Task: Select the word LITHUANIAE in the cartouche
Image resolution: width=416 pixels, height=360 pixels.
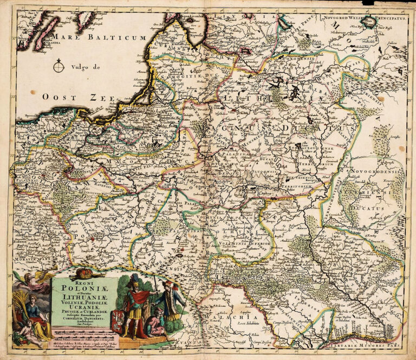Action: (81, 297)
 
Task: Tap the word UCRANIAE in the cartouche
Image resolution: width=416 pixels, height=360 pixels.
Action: (81, 309)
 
